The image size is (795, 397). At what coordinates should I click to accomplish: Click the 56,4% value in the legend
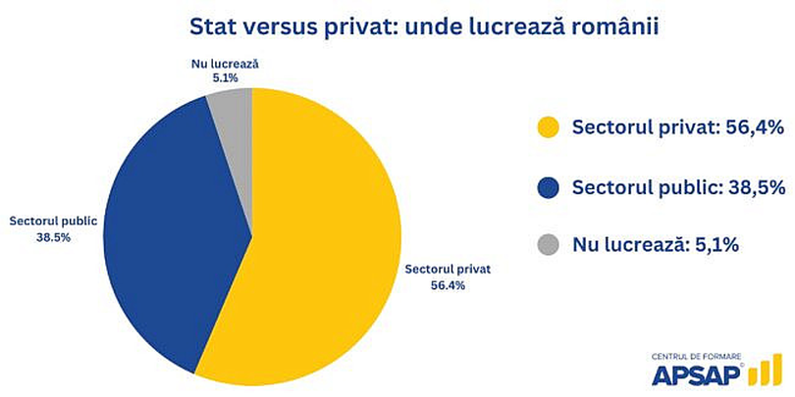[x=752, y=126]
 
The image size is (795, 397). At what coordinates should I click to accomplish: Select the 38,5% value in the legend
[x=751, y=185]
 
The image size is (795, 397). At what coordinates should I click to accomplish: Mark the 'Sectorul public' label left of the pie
[x=53, y=222]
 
